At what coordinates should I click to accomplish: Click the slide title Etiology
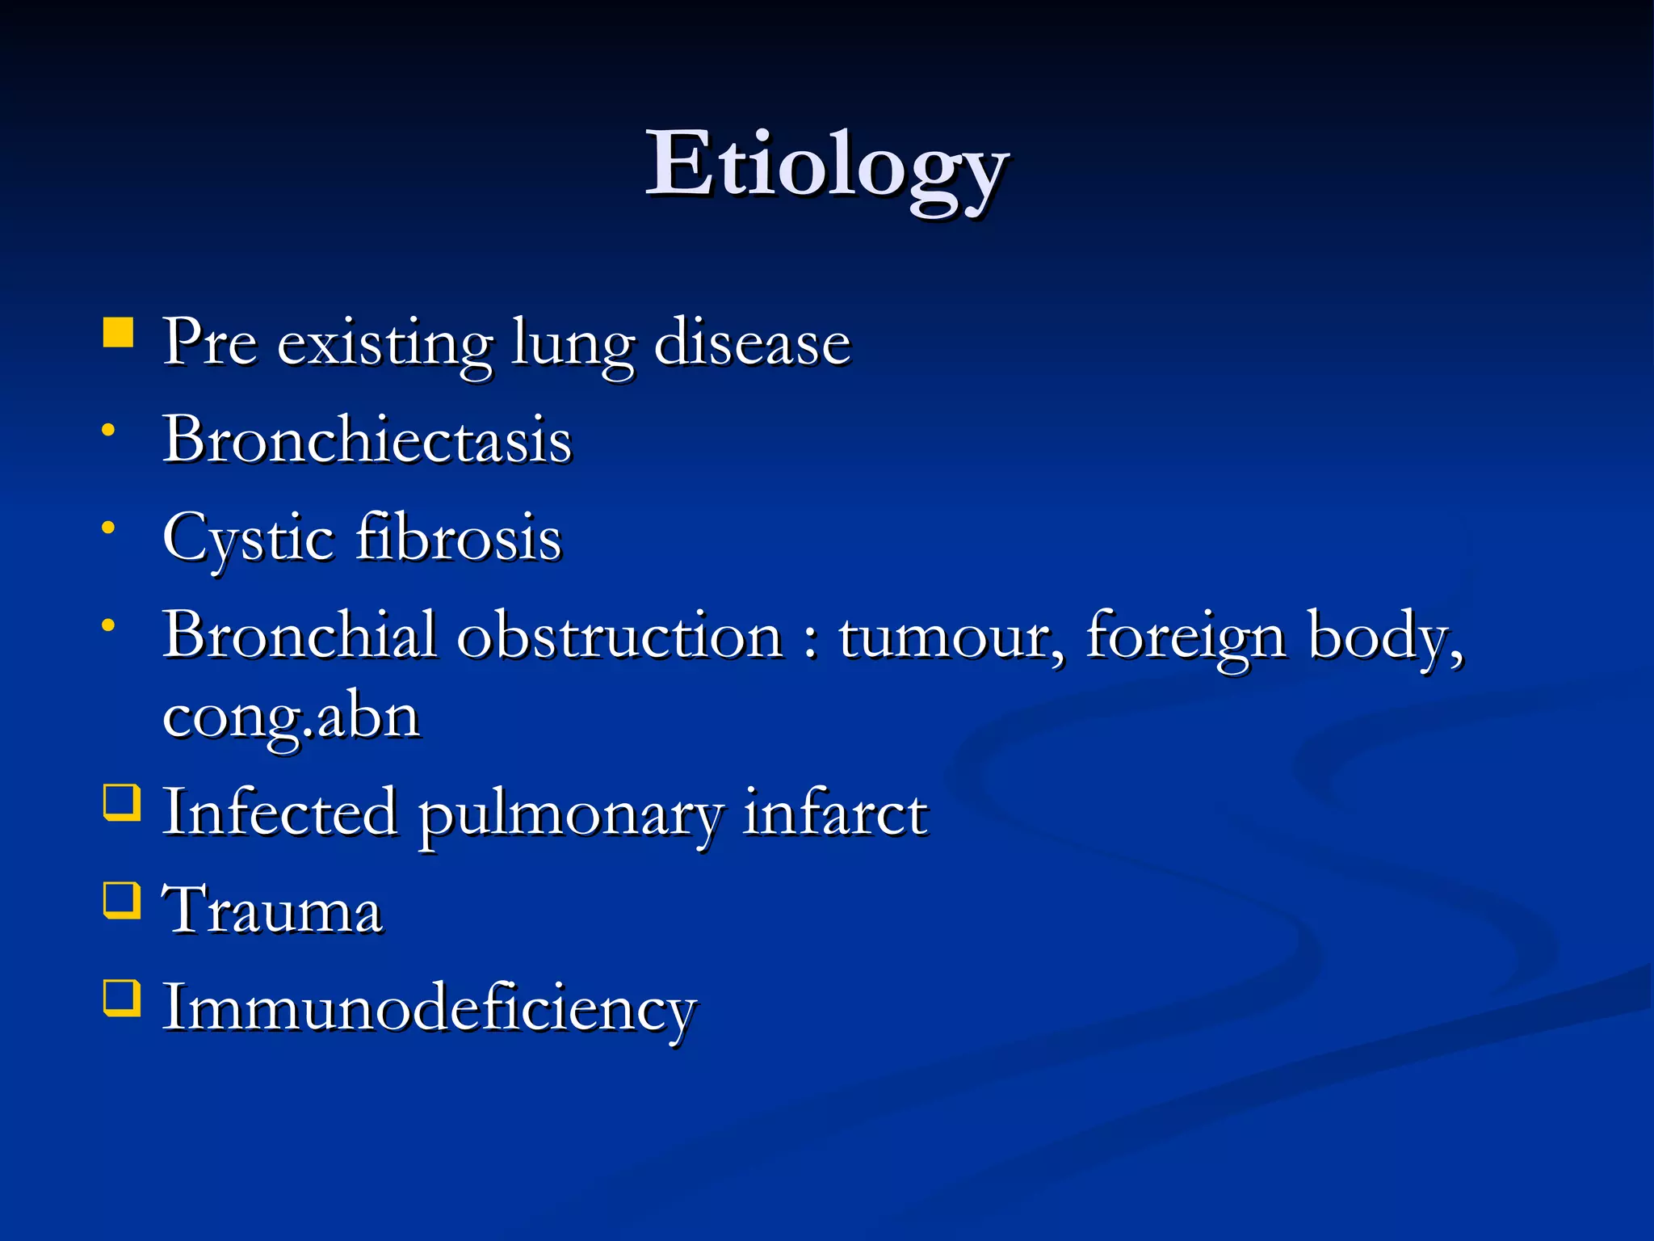click(x=826, y=168)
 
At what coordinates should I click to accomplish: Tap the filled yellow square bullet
click(x=119, y=332)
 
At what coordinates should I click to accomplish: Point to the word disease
click(x=752, y=343)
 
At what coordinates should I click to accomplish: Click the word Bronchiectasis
click(x=367, y=440)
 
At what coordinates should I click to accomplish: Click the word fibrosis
click(x=459, y=536)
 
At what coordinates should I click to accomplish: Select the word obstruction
click(x=620, y=637)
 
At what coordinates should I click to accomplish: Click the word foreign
click(x=1186, y=638)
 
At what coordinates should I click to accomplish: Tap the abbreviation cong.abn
click(x=291, y=717)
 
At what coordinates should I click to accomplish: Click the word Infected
click(x=280, y=813)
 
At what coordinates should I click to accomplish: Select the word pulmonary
click(x=569, y=816)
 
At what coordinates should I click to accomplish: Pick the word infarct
click(x=835, y=813)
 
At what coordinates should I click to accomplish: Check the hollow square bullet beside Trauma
click(x=122, y=900)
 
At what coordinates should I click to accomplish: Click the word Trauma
click(x=273, y=911)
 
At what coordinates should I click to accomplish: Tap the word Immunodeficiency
click(x=430, y=1010)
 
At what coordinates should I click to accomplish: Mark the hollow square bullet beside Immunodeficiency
click(x=122, y=998)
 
